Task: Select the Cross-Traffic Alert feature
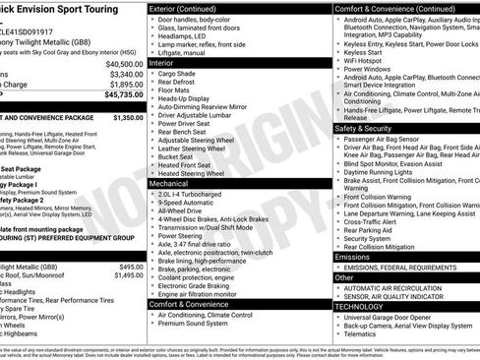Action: click(373, 221)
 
